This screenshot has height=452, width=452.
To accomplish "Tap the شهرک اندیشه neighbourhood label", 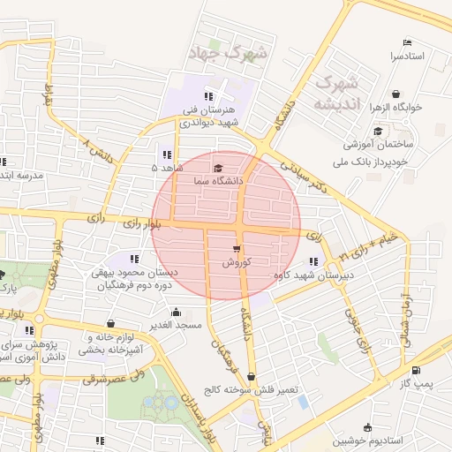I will pyautogui.click(x=336, y=93).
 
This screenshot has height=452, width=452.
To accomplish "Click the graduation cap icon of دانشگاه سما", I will pyautogui.click(x=218, y=168).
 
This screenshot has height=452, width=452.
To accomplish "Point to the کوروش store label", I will pyautogui.click(x=237, y=262).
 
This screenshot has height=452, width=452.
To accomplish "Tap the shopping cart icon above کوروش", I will pyautogui.click(x=237, y=249).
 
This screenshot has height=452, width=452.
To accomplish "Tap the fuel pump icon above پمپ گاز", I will pyautogui.click(x=415, y=371).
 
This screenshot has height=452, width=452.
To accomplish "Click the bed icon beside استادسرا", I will pyautogui.click(x=406, y=43).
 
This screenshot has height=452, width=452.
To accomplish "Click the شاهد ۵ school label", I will pyautogui.click(x=167, y=166).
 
